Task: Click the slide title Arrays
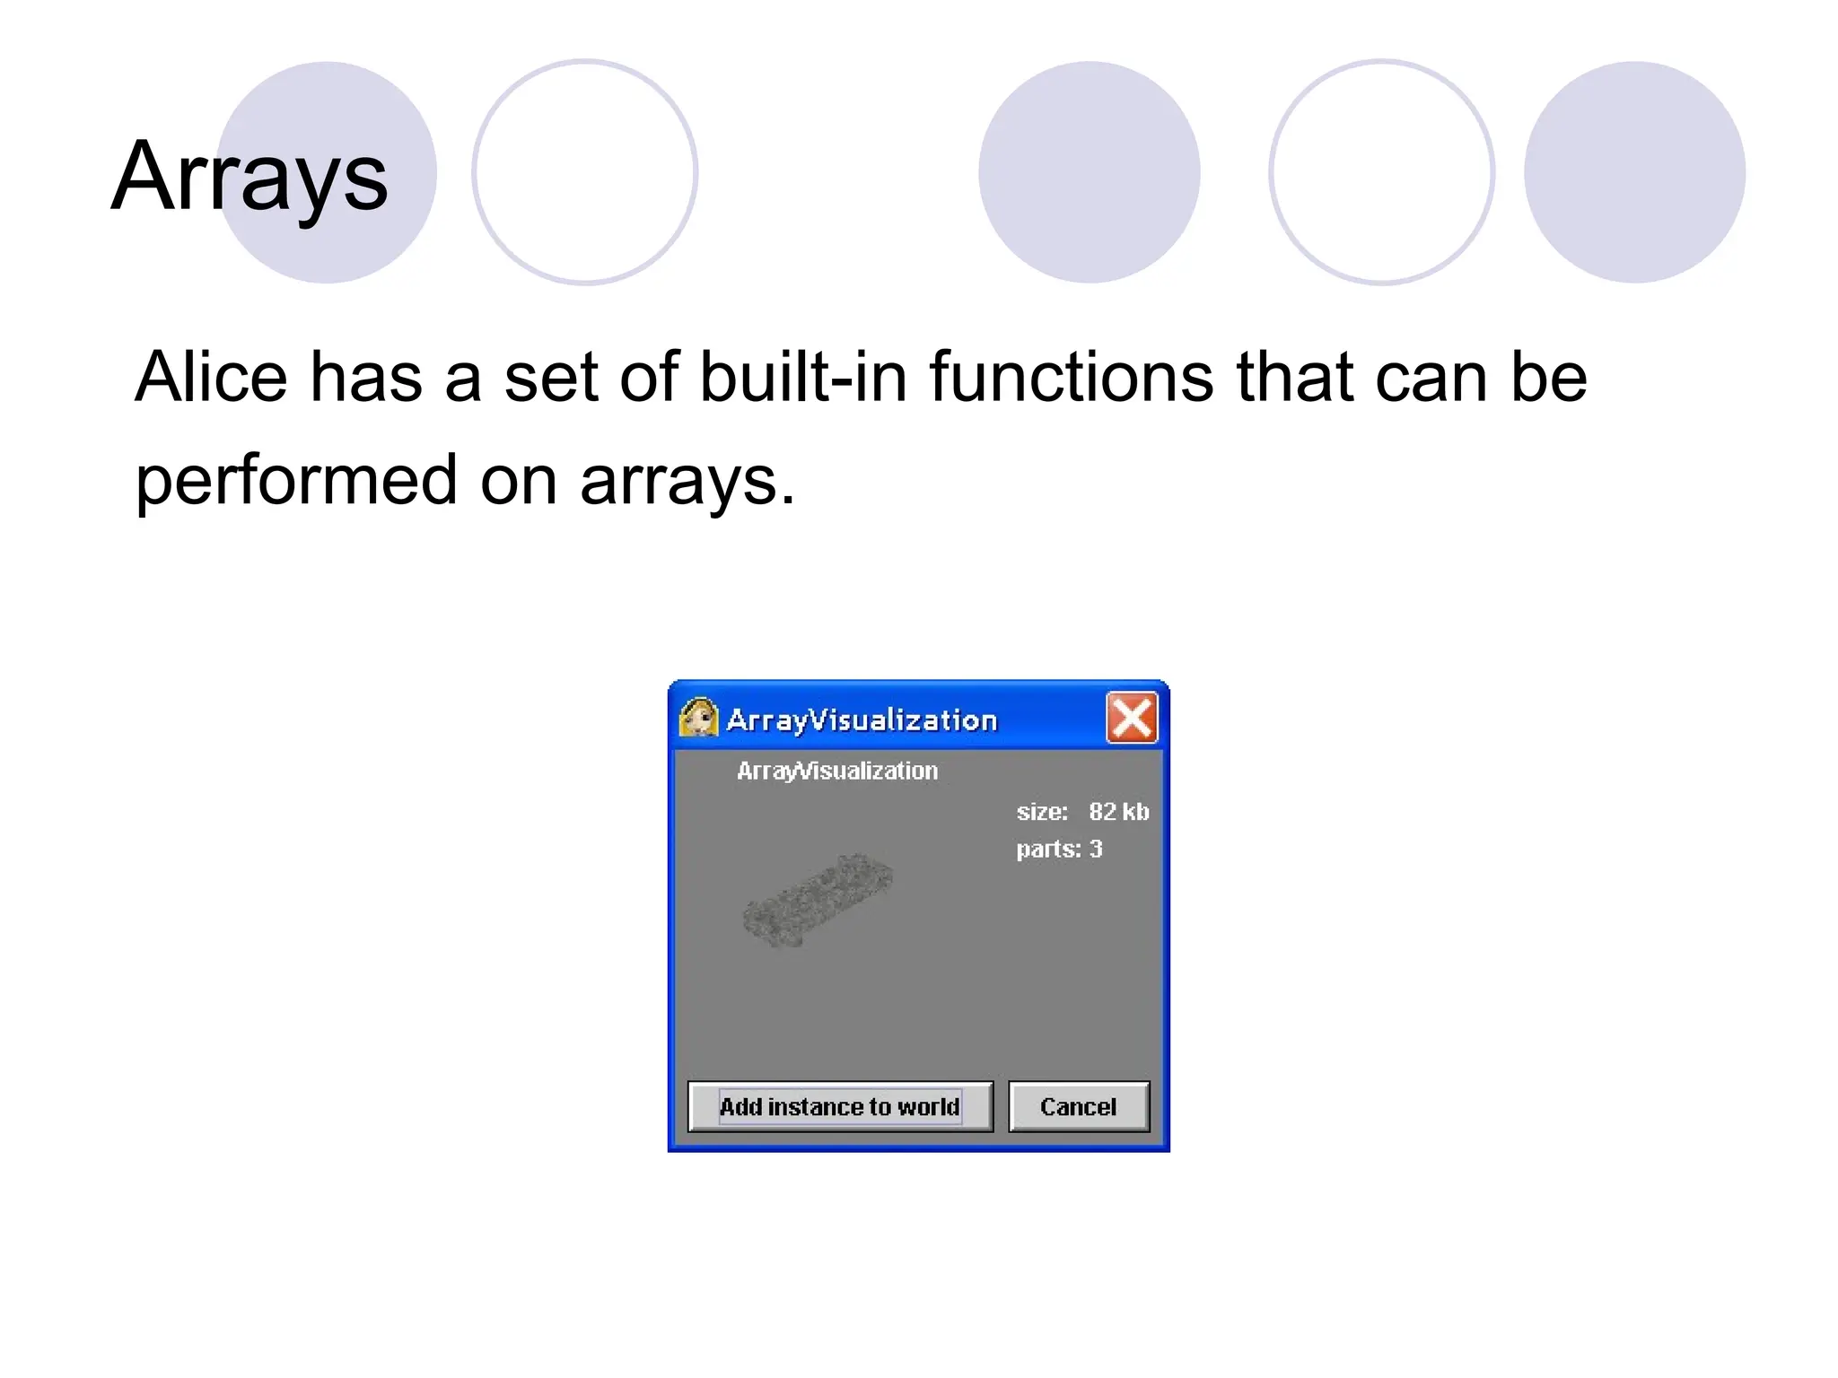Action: coord(249,177)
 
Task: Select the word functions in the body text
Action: coord(1072,377)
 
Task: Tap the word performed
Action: coord(296,481)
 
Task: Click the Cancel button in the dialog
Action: coord(1078,1106)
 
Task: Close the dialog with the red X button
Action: coord(1131,719)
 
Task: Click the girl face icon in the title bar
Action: coord(699,719)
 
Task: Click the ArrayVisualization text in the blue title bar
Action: coord(862,720)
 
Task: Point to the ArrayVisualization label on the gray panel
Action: coord(836,771)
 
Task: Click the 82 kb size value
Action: coord(1118,812)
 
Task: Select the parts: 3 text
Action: coord(1059,849)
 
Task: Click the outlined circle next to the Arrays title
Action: coord(585,172)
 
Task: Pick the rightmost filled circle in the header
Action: coord(1634,172)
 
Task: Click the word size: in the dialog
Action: coord(1042,812)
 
